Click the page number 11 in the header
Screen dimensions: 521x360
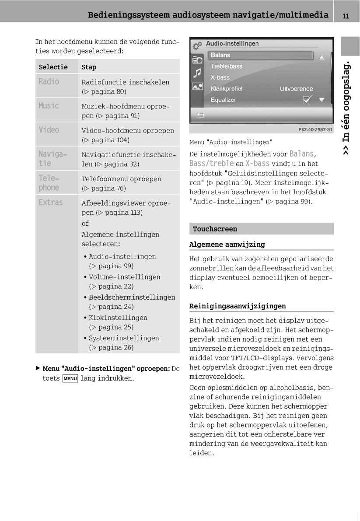[x=346, y=16]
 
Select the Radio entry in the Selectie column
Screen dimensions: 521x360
[x=49, y=82]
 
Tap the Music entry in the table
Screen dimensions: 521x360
[x=49, y=106]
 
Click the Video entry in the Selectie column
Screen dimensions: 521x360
[x=49, y=130]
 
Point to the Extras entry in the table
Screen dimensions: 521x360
[x=51, y=203]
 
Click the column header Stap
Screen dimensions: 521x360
[x=89, y=67]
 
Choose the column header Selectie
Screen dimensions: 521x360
[x=53, y=67]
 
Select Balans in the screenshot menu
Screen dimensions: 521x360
[x=220, y=55]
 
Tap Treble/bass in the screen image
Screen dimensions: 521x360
[x=226, y=66]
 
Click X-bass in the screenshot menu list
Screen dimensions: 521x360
[x=220, y=77]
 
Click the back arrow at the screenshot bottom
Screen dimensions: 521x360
[x=200, y=115]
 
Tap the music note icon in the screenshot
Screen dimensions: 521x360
[x=198, y=73]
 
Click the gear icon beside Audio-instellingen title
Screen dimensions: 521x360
[x=197, y=45]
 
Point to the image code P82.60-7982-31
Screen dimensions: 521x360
[x=315, y=129]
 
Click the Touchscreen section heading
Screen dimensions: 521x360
[x=215, y=229]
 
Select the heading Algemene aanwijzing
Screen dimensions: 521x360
[x=227, y=244]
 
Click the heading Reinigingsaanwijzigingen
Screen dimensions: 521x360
[x=238, y=306]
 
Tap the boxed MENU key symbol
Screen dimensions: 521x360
[x=70, y=378]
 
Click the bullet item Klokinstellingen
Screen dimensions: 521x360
[x=118, y=318]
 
